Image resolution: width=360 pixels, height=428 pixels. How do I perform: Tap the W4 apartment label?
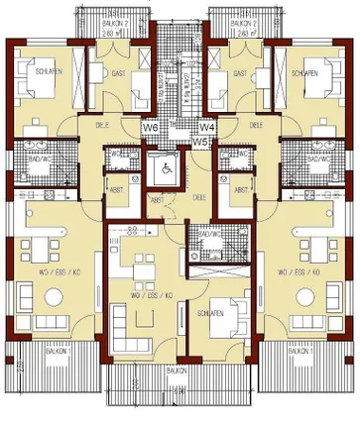point(208,127)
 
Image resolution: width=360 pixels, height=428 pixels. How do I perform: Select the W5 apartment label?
point(200,142)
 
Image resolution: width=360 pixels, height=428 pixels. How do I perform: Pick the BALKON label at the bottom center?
point(177,370)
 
